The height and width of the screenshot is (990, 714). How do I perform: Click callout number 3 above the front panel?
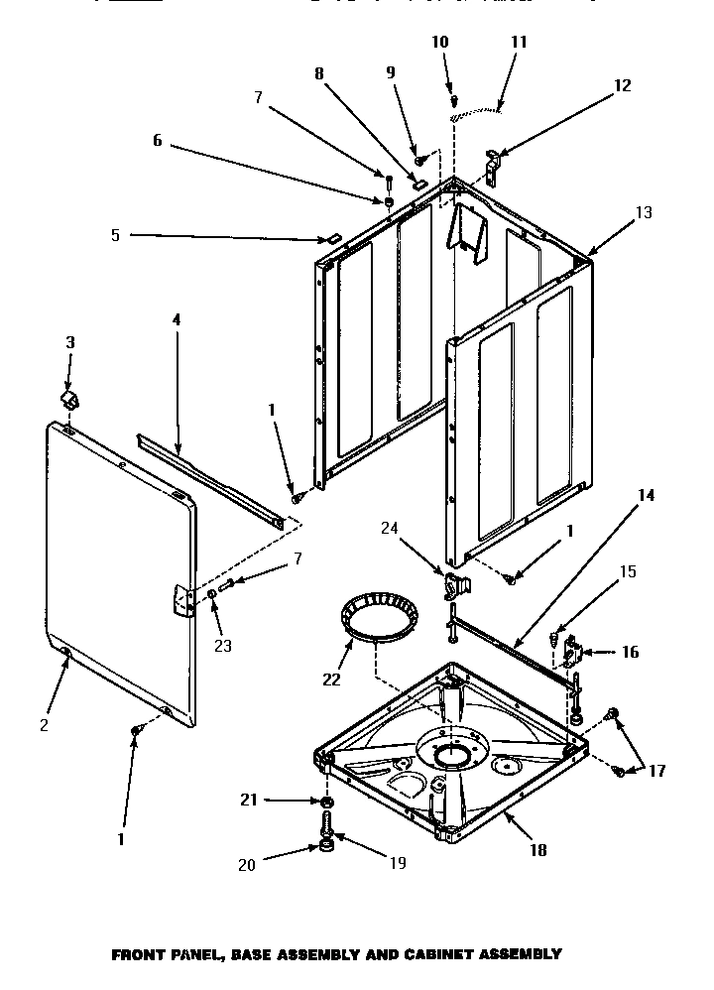(69, 342)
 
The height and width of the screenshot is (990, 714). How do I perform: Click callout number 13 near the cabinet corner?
(644, 211)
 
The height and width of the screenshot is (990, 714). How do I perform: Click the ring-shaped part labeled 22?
(377, 618)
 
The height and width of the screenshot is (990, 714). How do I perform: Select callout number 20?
(246, 865)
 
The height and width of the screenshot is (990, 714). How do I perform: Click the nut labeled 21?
(326, 801)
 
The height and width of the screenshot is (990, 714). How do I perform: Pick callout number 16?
(631, 652)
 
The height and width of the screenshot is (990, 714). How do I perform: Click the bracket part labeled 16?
(573, 653)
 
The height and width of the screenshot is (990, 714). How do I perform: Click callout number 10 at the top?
(440, 42)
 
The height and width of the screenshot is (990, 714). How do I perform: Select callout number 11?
(519, 43)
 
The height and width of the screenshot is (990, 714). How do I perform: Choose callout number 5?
(115, 235)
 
